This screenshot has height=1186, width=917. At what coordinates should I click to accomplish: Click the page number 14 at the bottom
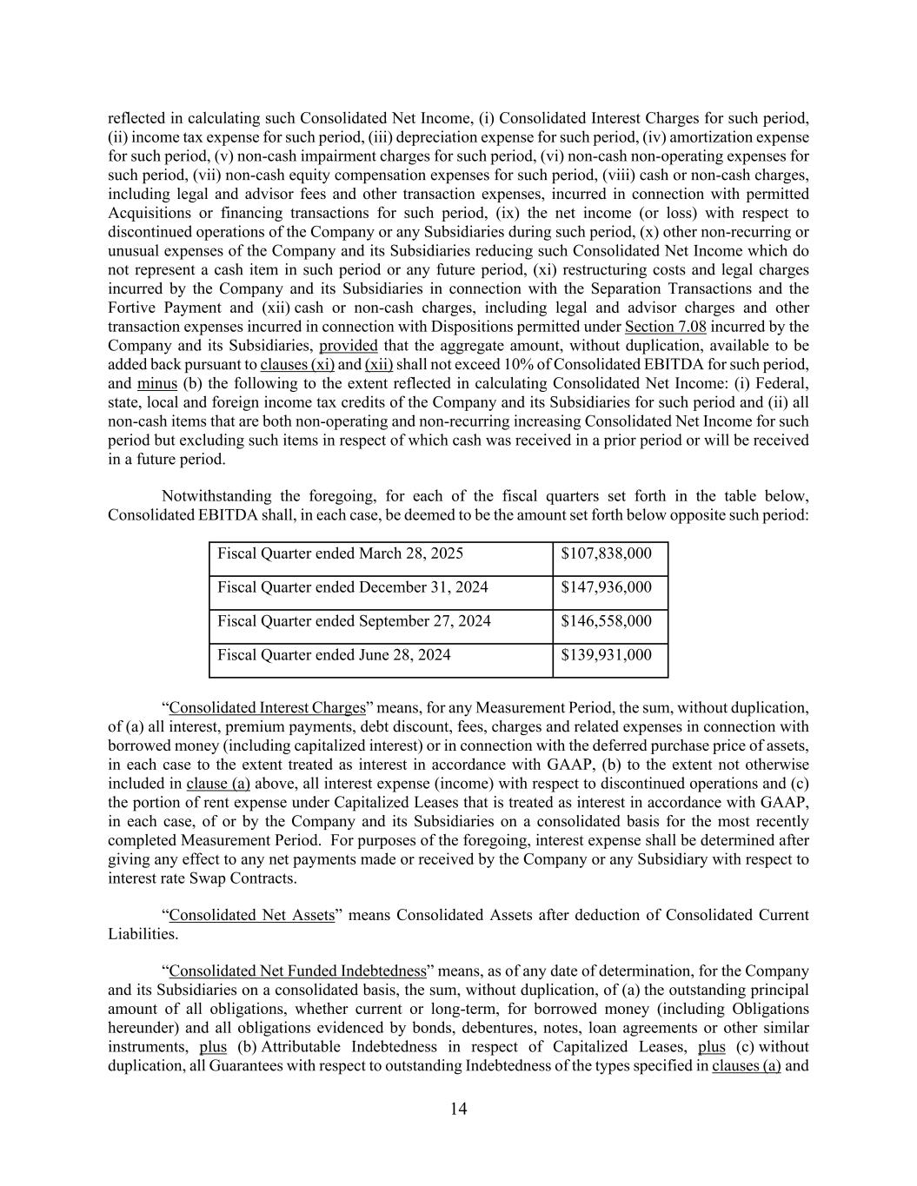point(459,1109)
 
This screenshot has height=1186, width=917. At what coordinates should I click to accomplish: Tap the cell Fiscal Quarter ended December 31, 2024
point(352,587)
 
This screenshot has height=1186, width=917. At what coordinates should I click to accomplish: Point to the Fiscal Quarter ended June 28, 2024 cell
point(334,655)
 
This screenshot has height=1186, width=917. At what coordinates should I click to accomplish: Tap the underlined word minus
point(157,383)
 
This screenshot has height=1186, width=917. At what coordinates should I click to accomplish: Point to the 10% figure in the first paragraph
point(507,364)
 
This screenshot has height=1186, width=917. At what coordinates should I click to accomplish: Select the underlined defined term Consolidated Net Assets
point(251,915)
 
